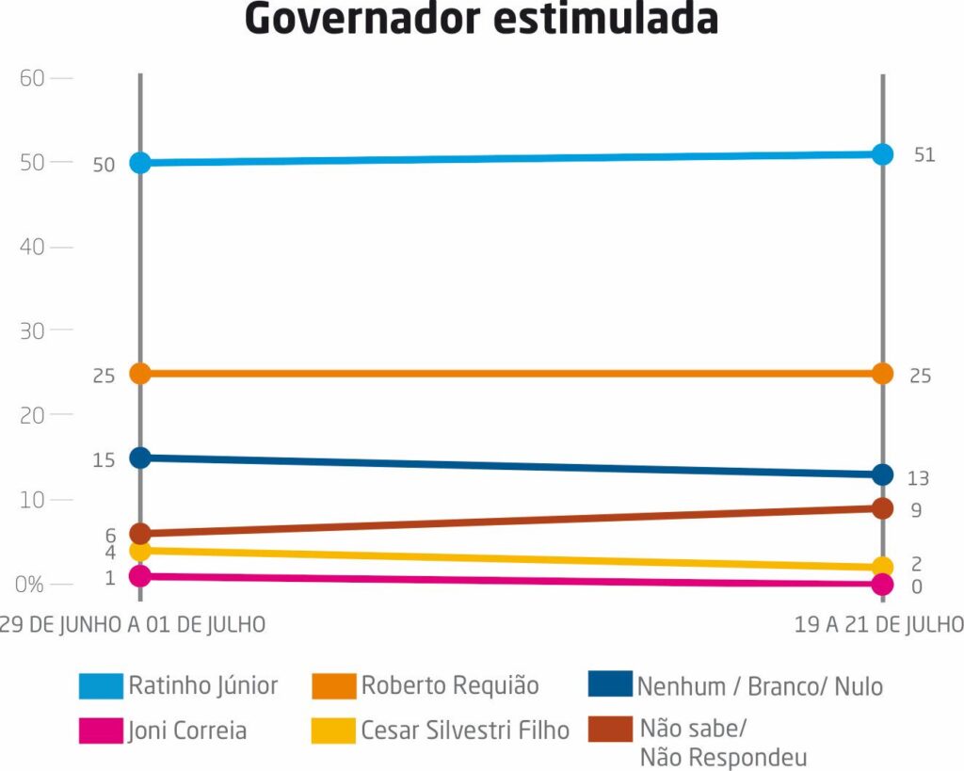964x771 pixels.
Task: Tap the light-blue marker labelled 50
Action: point(140,163)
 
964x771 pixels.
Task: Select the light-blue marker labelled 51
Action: point(882,154)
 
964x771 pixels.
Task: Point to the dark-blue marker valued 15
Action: point(140,458)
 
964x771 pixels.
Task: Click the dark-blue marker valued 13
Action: point(882,474)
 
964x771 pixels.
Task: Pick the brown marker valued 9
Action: point(882,508)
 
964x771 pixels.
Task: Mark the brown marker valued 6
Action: point(140,534)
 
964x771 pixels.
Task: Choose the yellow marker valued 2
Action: point(882,567)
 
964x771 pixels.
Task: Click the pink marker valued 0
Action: point(882,585)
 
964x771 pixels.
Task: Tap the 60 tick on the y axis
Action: point(33,78)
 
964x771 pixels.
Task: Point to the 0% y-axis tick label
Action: point(31,585)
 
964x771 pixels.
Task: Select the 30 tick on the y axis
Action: point(33,331)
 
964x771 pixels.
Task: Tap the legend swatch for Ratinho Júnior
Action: point(101,686)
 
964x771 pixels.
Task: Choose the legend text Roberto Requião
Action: point(450,685)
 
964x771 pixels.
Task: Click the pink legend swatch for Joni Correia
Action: point(101,731)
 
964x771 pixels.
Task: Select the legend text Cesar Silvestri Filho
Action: point(465,731)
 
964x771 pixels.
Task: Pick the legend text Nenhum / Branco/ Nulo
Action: point(760,686)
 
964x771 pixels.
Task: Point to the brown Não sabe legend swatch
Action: point(609,731)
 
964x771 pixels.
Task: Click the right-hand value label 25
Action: point(921,376)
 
